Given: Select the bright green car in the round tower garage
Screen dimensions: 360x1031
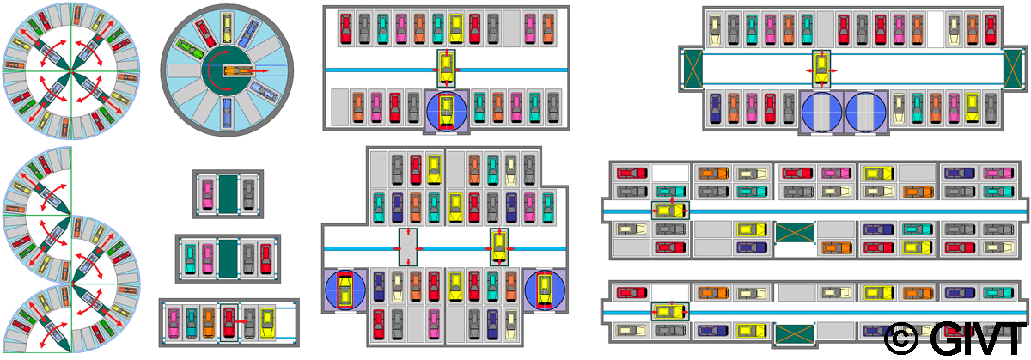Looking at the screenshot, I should [203, 32].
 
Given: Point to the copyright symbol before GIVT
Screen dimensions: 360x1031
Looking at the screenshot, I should [901, 338].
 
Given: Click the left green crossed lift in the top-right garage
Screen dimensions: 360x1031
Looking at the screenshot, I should [691, 69].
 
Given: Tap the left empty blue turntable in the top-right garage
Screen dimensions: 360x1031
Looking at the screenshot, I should [821, 112].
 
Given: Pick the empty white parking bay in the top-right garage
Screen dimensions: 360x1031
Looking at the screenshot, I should [936, 30].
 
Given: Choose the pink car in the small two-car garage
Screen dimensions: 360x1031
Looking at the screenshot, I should [206, 193].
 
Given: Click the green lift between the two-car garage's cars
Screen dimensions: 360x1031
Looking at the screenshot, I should [228, 193].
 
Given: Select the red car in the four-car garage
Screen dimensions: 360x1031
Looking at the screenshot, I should [265, 258].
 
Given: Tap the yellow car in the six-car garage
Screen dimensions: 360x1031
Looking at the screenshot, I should [267, 322].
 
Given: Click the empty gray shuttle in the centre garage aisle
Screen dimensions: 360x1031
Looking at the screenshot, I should [407, 247].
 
